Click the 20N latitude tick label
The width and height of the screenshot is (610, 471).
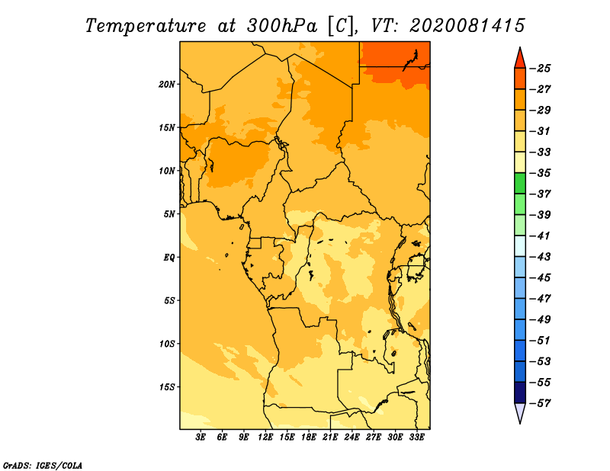tap(167, 84)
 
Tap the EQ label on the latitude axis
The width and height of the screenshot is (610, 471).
tap(169, 257)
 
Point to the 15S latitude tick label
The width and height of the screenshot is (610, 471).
tap(167, 387)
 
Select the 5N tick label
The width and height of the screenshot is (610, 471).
tap(169, 214)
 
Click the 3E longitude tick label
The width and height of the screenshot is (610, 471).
tap(201, 437)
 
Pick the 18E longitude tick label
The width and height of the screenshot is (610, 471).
tap(309, 437)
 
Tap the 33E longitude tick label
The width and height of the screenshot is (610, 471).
tap(416, 437)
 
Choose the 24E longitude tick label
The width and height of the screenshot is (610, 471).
tap(352, 437)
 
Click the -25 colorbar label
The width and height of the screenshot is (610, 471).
tap(541, 69)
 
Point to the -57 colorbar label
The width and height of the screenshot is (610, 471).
tap(541, 403)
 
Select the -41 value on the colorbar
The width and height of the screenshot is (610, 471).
tap(541, 235)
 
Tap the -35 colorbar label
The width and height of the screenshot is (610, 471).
tap(541, 173)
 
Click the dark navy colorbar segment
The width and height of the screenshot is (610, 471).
tap(520, 392)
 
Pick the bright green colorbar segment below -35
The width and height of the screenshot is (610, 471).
tap(520, 184)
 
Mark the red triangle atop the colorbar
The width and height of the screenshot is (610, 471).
tap(520, 59)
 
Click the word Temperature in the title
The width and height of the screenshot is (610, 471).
tap(146, 26)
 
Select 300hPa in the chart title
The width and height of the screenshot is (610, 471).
tap(282, 26)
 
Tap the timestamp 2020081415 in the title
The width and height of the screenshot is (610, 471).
tap(467, 26)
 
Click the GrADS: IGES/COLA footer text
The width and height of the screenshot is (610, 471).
tap(43, 466)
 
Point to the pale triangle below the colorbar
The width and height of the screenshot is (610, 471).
tap(520, 412)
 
